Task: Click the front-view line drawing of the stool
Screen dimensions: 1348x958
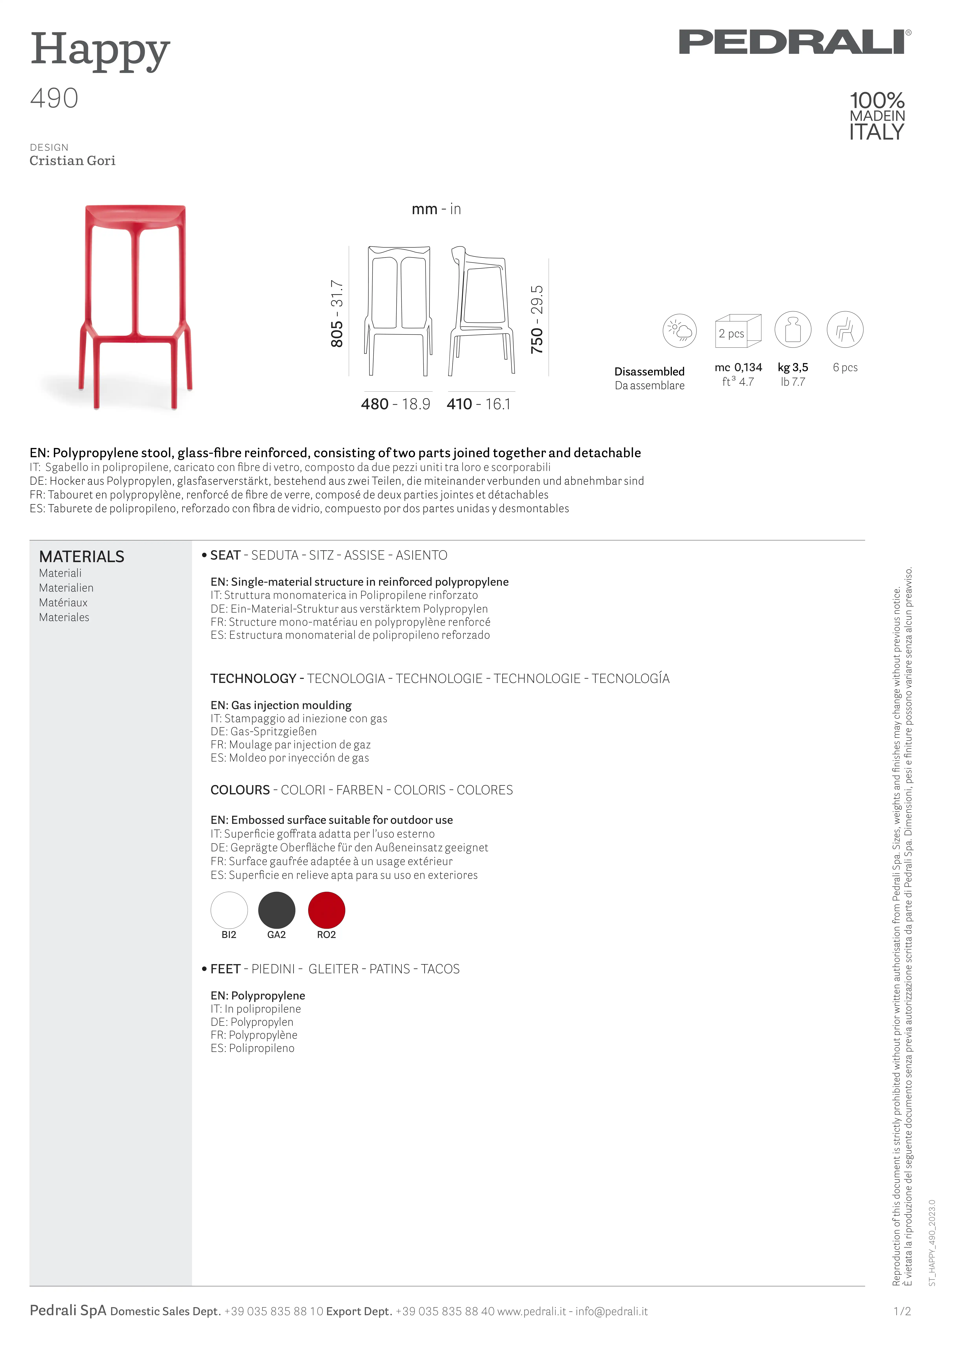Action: pyautogui.click(x=399, y=311)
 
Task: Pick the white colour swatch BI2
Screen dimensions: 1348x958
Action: pyautogui.click(x=229, y=910)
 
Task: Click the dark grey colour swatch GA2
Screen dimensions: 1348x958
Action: pyautogui.click(x=277, y=910)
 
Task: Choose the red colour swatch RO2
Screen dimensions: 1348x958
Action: pyautogui.click(x=326, y=910)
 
